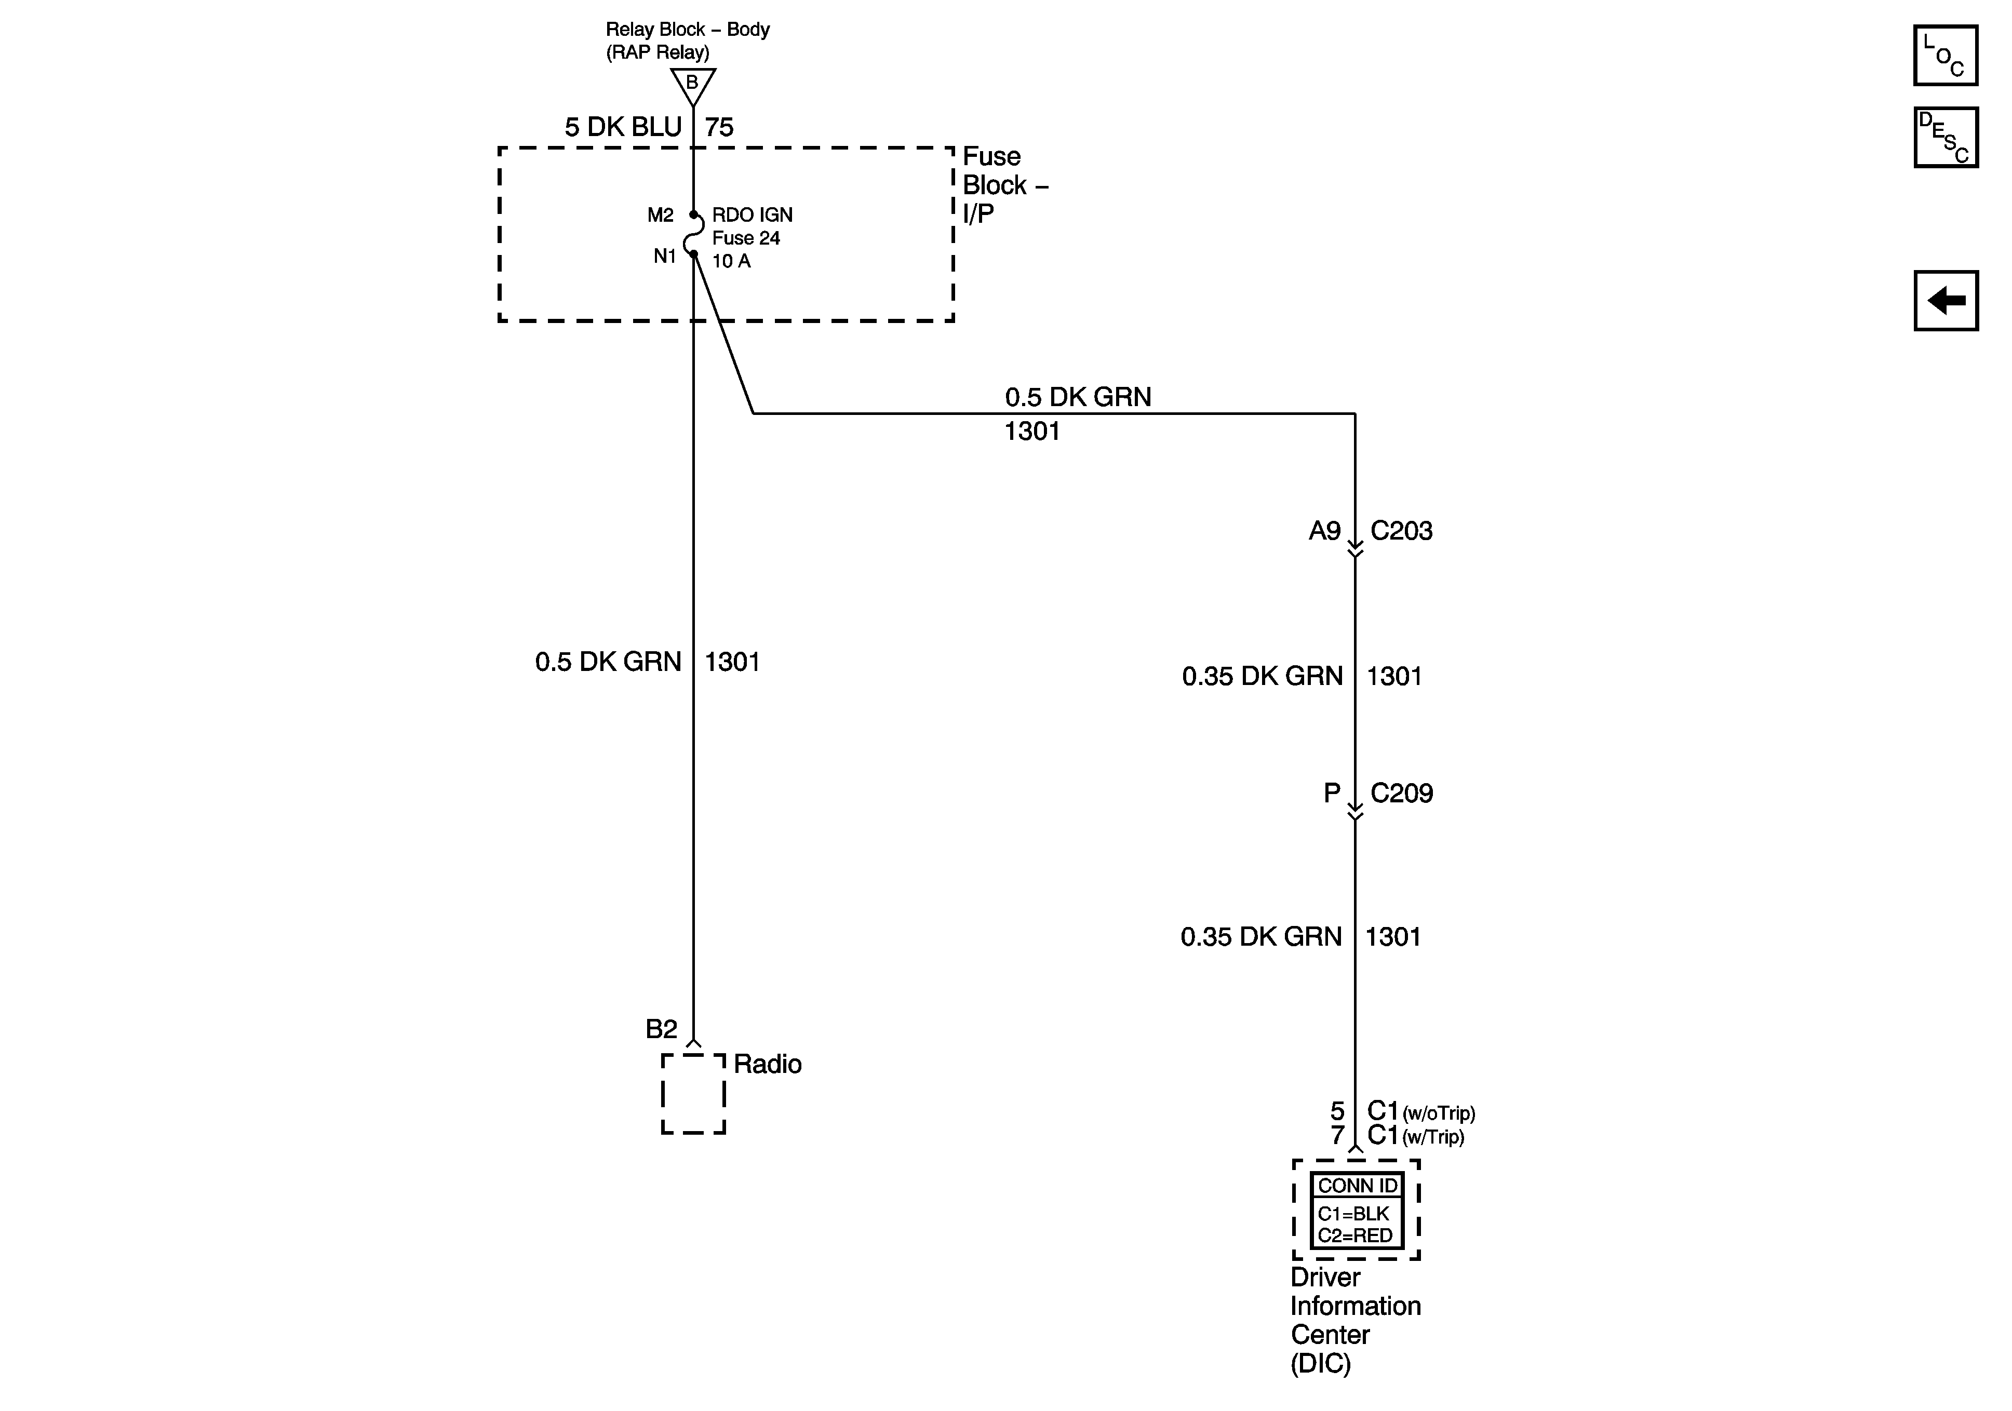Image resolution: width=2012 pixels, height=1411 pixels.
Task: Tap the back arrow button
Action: point(1946,301)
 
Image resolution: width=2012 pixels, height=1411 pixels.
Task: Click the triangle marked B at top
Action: point(692,85)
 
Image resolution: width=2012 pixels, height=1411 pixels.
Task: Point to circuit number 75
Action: point(719,128)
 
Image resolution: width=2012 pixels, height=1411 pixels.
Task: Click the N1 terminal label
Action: point(665,256)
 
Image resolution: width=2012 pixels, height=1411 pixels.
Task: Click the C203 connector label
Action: point(1401,531)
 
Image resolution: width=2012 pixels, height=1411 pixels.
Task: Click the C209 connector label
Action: point(1401,793)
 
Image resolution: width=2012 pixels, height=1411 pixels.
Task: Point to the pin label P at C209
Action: point(1331,793)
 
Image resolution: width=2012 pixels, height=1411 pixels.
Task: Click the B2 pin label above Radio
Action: point(662,1029)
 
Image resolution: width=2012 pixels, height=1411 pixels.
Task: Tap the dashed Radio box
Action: point(693,1094)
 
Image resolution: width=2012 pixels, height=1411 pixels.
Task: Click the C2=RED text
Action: point(1355,1235)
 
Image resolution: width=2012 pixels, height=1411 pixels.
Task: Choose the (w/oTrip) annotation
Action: point(1439,1114)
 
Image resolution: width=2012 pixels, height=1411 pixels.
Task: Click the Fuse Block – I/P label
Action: point(1004,185)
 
